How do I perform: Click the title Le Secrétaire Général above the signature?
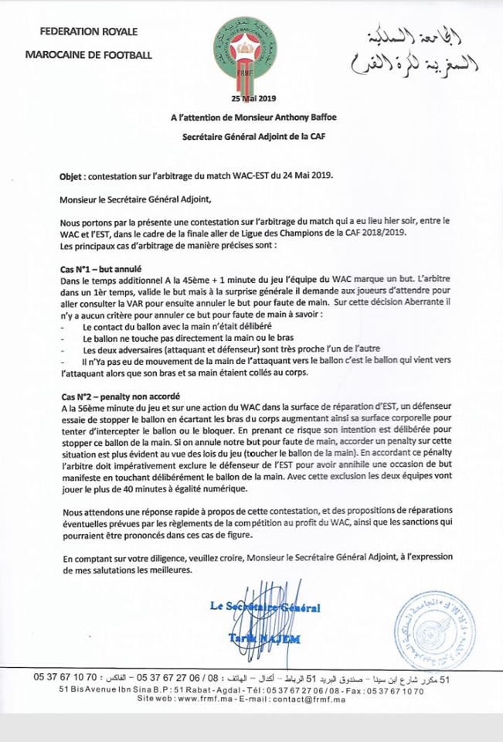(264, 608)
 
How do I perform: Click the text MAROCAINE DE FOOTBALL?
(89, 55)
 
